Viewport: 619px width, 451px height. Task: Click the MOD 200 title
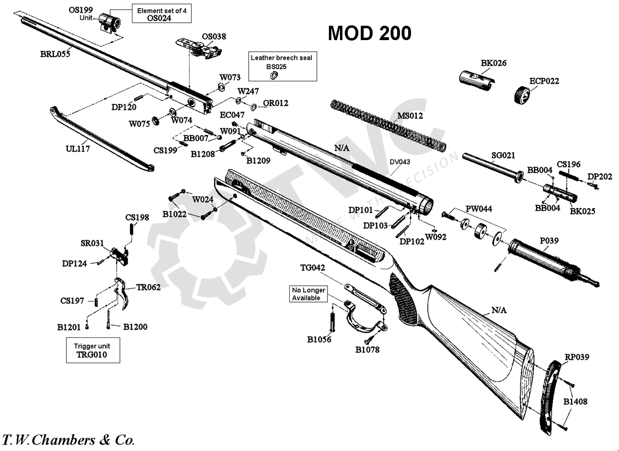pyautogui.click(x=370, y=33)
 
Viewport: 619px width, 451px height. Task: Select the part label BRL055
pyautogui.click(x=55, y=54)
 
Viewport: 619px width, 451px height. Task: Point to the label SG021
pyautogui.click(x=503, y=155)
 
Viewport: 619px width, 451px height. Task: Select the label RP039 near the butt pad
pyautogui.click(x=577, y=357)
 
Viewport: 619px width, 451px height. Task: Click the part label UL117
pyautogui.click(x=77, y=149)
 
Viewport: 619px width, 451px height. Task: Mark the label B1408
pyautogui.click(x=575, y=402)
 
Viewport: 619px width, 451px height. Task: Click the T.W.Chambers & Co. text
pyautogui.click(x=69, y=440)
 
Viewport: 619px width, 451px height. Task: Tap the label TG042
pyautogui.click(x=312, y=268)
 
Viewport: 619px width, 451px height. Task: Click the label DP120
pyautogui.click(x=124, y=107)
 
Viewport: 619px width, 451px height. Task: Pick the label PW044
pyautogui.click(x=479, y=209)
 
